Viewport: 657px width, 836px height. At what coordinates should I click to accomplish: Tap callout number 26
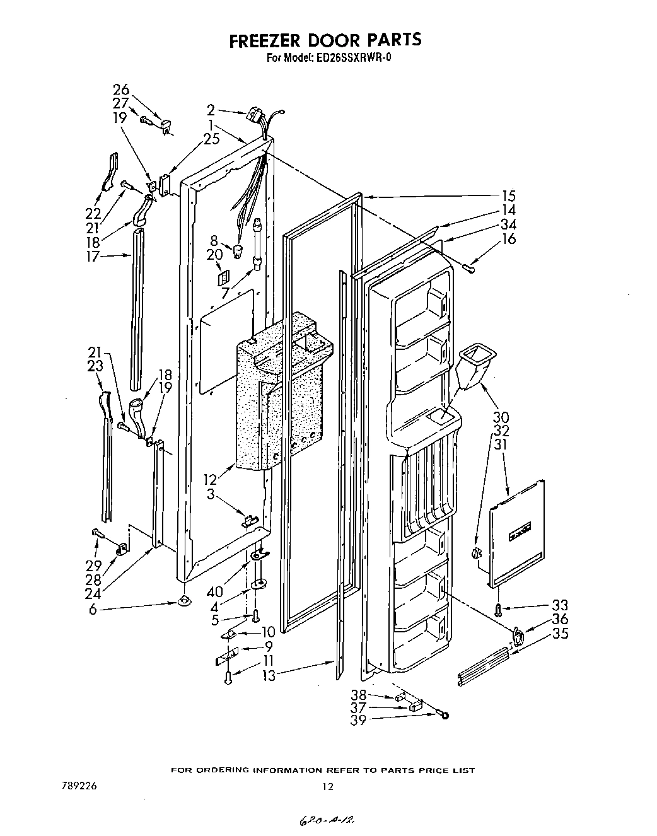(120, 90)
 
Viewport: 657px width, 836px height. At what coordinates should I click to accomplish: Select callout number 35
(559, 633)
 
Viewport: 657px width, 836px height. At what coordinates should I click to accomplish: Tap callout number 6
(93, 610)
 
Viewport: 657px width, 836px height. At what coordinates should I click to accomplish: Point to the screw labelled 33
(498, 610)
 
